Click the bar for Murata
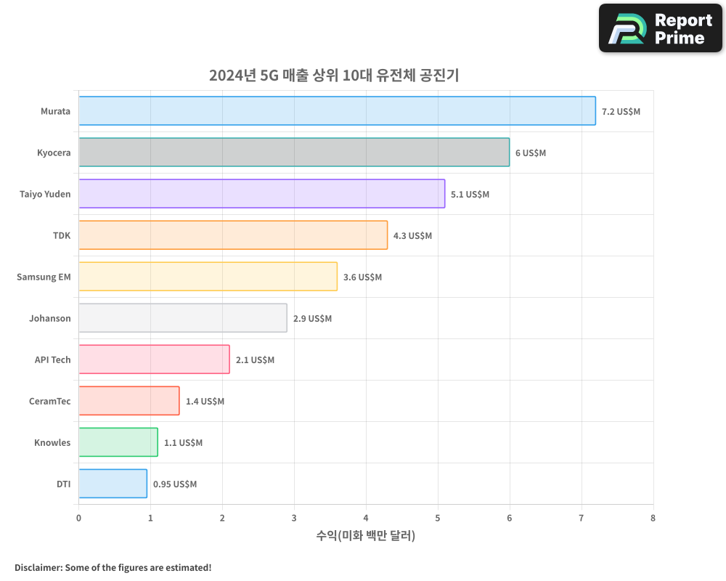[337, 111]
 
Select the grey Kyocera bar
[294, 153]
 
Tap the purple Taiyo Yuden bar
[261, 194]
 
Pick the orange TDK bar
[233, 235]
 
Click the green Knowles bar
[118, 442]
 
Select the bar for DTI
[113, 484]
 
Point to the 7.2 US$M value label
[621, 112]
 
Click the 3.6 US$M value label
[362, 277]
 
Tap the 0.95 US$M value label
[174, 484]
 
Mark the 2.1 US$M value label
[255, 360]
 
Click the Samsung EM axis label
[44, 277]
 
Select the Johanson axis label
[50, 318]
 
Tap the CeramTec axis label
[49, 401]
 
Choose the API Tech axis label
[52, 359]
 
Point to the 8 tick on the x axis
[653, 519]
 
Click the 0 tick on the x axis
[78, 519]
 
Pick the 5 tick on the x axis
[438, 519]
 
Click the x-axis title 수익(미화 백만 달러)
[365, 536]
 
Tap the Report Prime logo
[661, 28]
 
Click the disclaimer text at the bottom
[113, 567]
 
